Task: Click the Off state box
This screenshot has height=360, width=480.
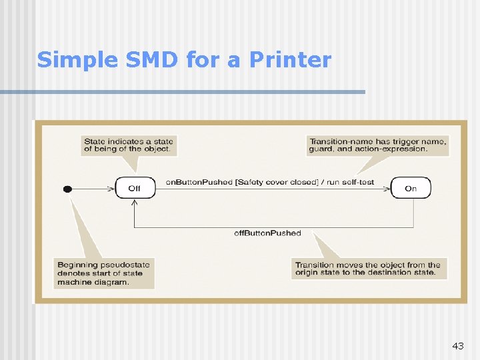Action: (x=135, y=188)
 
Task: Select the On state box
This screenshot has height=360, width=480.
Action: (x=411, y=188)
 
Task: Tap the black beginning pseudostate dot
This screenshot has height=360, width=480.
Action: (x=67, y=189)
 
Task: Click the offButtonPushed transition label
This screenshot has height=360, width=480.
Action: (x=267, y=233)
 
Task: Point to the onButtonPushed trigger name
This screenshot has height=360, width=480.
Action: (x=199, y=182)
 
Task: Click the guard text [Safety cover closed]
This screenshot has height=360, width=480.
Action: (x=277, y=182)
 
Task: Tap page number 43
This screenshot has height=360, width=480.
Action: (x=457, y=346)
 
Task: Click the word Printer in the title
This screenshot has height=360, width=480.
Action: (x=290, y=61)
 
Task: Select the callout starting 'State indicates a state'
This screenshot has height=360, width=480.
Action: (x=129, y=145)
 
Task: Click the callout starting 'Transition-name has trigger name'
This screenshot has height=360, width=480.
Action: (x=377, y=145)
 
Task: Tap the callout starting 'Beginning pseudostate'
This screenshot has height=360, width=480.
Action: (x=104, y=273)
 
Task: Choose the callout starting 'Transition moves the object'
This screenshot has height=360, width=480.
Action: (x=368, y=269)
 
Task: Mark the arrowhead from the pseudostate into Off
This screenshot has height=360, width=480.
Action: (x=111, y=189)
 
